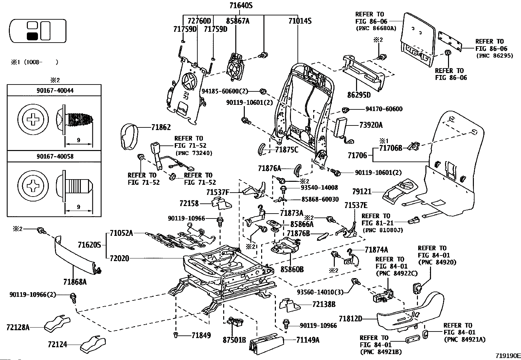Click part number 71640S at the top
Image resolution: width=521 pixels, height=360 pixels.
coord(241,6)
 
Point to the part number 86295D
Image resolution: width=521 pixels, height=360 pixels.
coord(359,95)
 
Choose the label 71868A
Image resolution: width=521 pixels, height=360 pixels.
coord(75,281)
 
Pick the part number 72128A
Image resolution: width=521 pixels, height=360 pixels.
coord(18,327)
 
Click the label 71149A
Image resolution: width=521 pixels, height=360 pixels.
coord(308,340)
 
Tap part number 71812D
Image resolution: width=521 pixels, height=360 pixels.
coord(350,318)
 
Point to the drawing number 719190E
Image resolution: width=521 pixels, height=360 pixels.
coord(508,355)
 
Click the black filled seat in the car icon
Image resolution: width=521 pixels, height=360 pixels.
coord(32,36)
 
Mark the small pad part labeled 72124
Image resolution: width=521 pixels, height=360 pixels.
coord(93,345)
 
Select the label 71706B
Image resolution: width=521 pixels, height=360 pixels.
coord(390,148)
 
